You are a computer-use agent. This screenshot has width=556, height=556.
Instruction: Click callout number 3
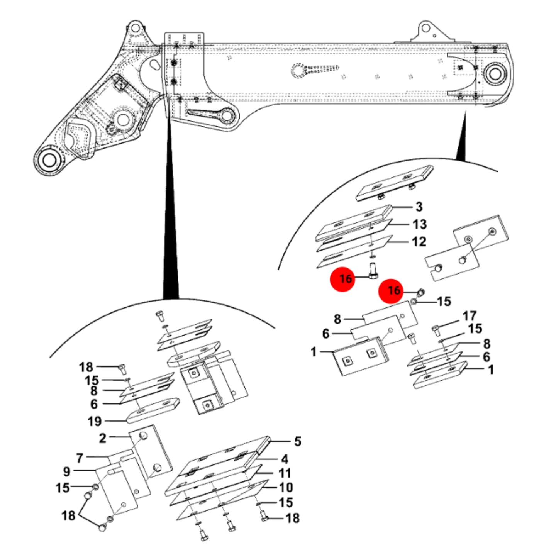(x=419, y=207)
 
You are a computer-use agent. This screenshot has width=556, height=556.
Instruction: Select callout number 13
(x=420, y=224)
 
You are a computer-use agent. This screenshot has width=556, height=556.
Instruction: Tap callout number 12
(x=420, y=241)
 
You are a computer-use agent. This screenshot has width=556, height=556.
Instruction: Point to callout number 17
(x=470, y=316)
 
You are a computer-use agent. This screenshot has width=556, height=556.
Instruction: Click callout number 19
(x=95, y=422)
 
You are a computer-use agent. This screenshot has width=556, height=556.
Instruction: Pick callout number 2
(x=102, y=438)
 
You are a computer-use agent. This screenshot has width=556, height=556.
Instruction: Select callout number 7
(x=80, y=458)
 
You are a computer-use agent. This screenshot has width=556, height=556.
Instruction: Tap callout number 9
(x=67, y=472)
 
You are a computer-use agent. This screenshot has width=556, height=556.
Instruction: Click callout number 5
(x=298, y=441)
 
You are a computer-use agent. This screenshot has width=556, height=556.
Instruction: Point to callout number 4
(x=285, y=459)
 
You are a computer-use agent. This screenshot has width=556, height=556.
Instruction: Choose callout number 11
(x=285, y=473)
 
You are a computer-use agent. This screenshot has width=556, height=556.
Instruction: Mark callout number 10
(x=286, y=488)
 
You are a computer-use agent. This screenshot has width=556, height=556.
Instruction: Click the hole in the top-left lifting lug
(x=135, y=27)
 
